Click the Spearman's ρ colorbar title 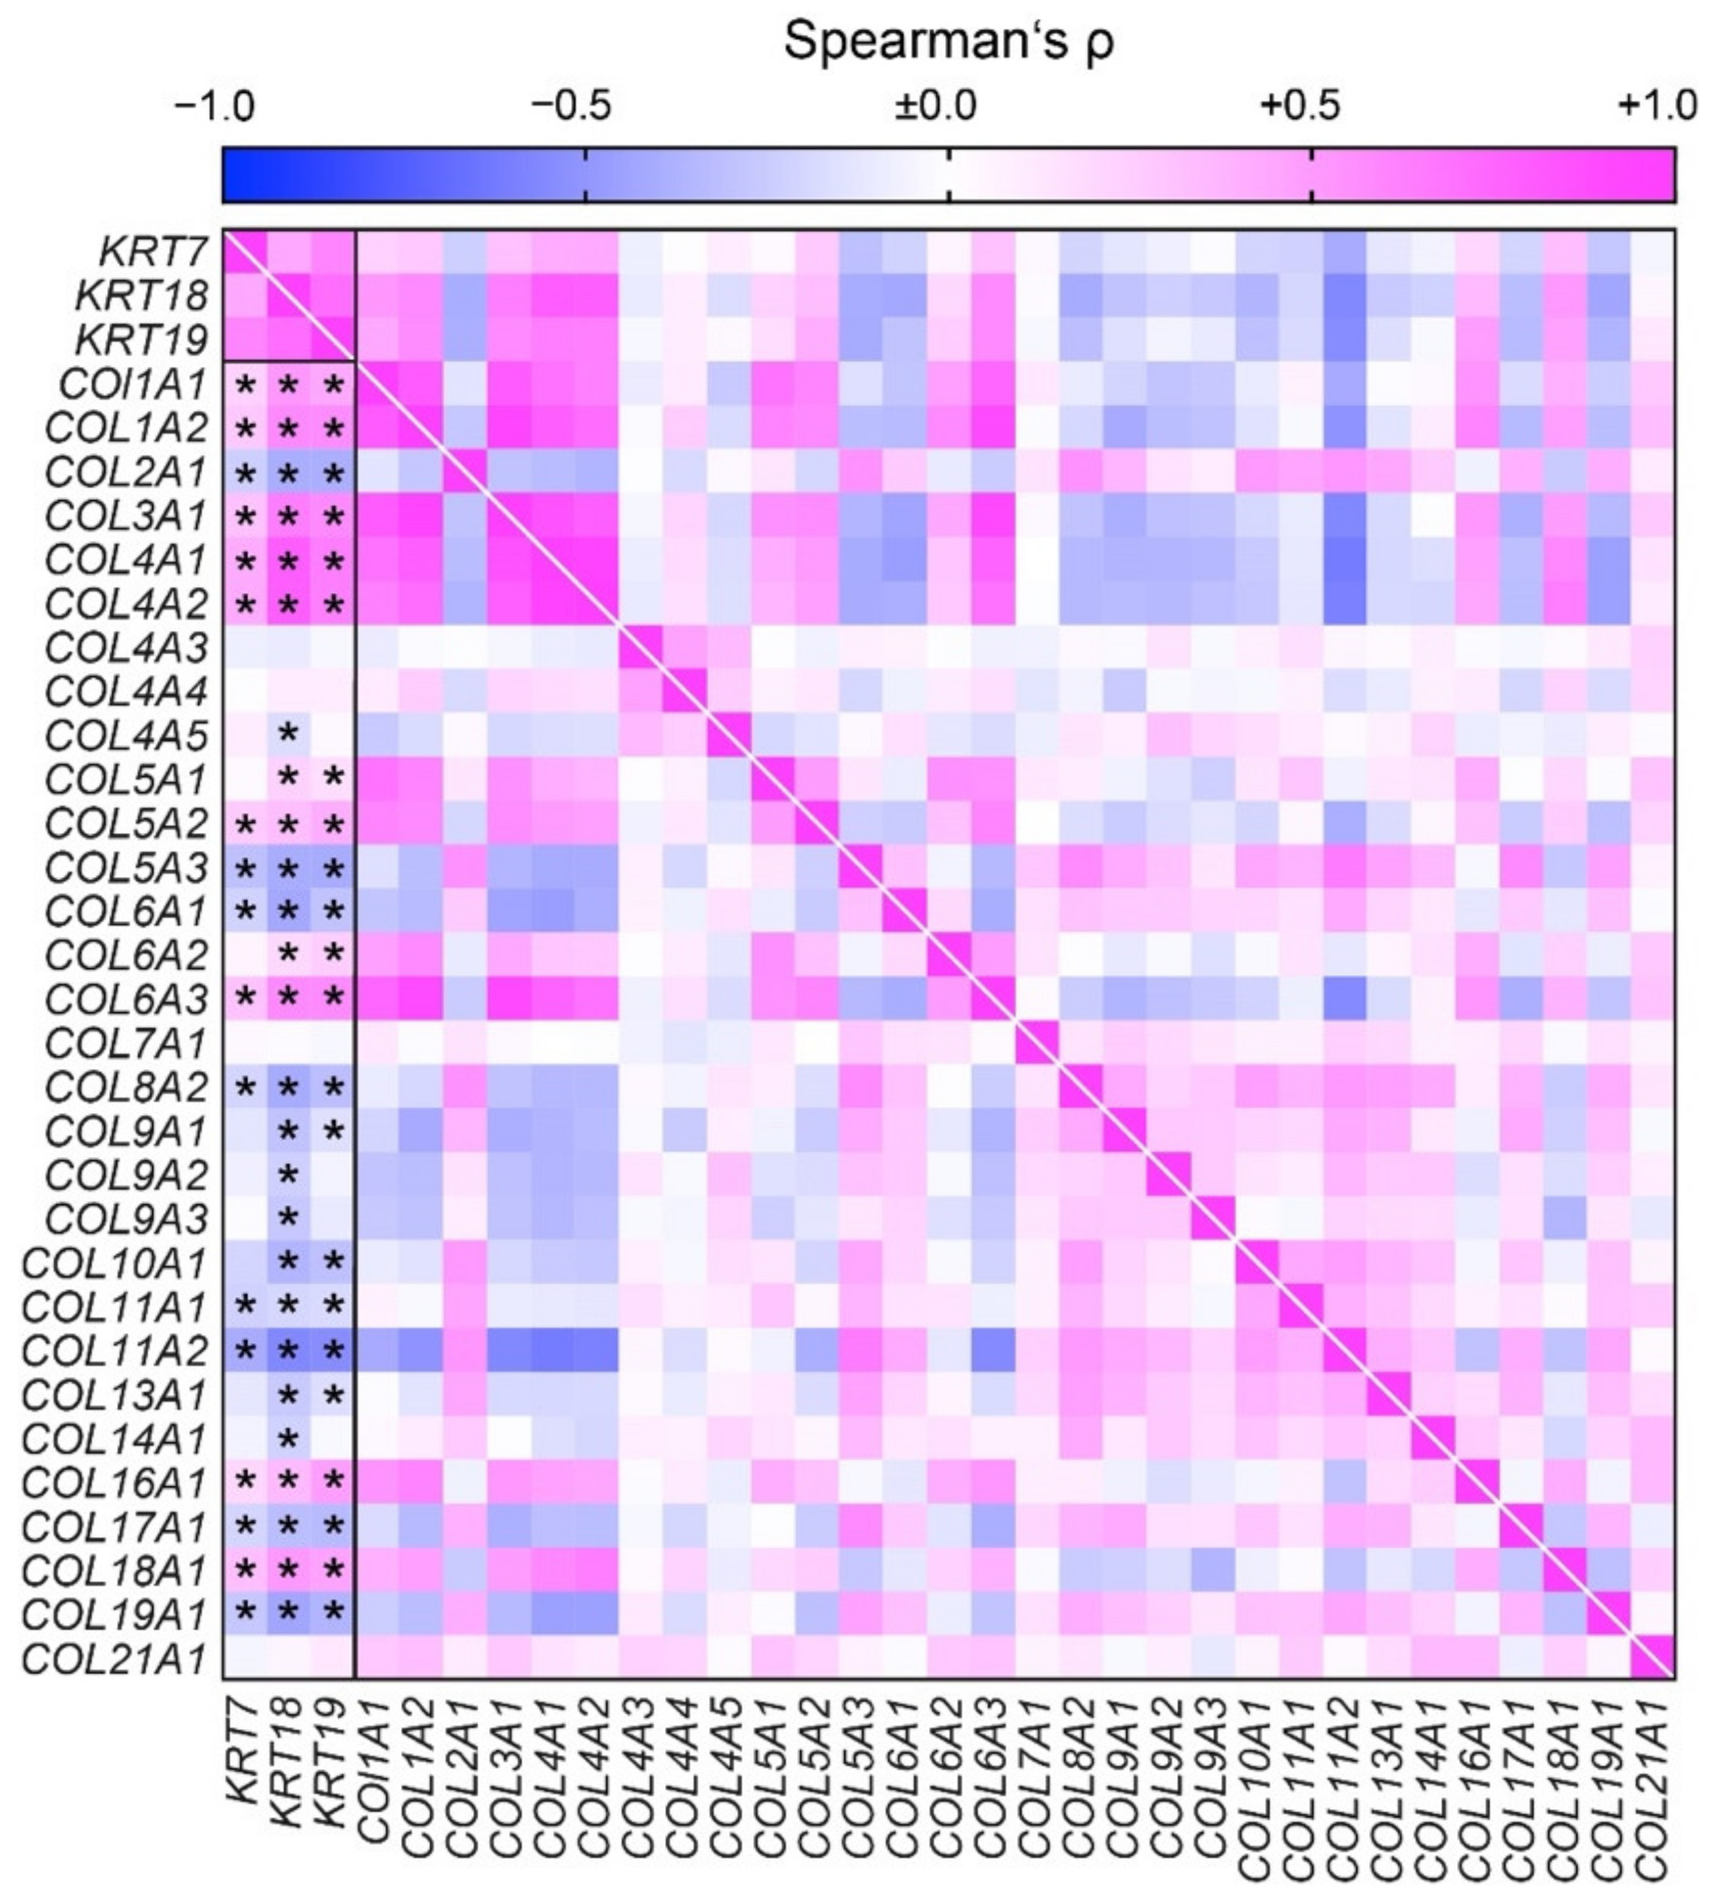[948, 42]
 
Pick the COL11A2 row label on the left [115, 1350]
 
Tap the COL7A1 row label [126, 1043]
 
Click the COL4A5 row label [126, 735]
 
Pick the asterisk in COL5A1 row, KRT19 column [333, 778]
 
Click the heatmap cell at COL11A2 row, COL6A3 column [992, 1350]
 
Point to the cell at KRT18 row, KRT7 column [245, 295]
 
